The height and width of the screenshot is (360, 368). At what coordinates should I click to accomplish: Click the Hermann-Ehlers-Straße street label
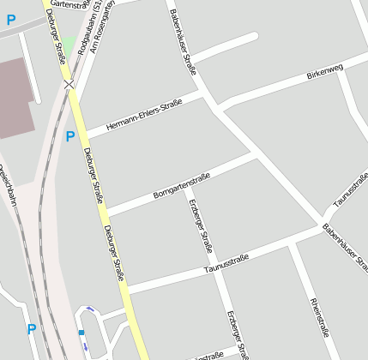143,115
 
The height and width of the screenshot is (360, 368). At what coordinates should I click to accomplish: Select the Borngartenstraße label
182,186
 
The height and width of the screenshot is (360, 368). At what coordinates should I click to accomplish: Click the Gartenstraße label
69,3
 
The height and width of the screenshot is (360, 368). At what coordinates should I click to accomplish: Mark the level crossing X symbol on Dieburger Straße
69,84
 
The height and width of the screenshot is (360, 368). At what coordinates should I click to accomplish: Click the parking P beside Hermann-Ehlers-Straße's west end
70,136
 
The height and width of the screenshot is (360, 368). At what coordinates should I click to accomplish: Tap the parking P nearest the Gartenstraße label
11,20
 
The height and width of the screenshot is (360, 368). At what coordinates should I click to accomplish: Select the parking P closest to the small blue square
32,328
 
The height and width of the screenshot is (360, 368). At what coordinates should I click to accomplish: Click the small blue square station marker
81,333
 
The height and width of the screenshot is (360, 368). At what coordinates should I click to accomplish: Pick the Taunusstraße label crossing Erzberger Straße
226,263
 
